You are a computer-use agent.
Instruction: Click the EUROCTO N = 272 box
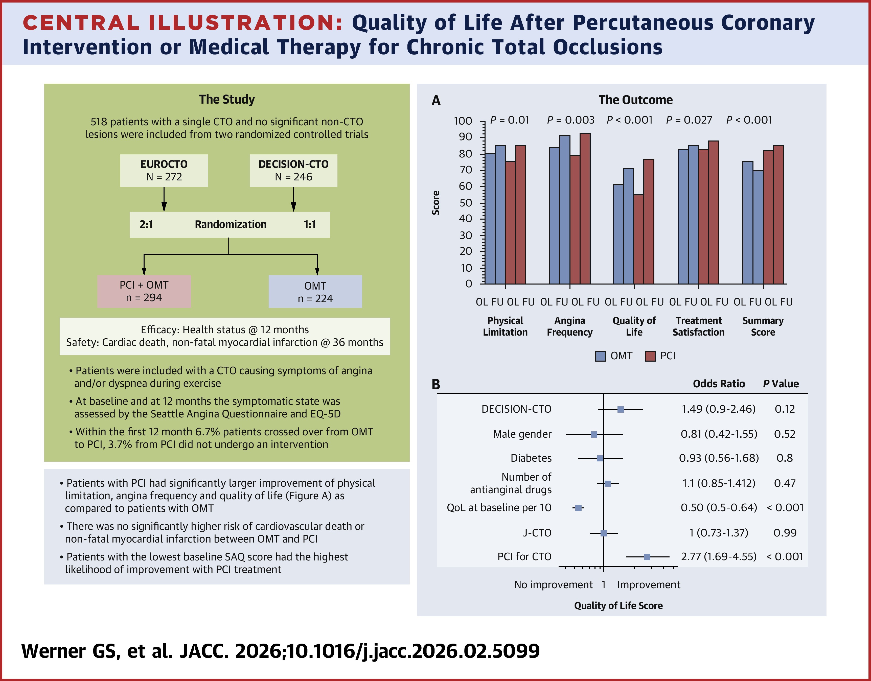point(164,171)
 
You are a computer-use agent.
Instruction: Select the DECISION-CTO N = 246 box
point(293,171)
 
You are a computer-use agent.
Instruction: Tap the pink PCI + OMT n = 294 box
point(144,291)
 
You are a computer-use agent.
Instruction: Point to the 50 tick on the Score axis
point(466,203)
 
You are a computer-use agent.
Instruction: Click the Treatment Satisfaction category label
point(698,326)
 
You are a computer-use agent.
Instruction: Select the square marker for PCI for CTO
point(647,557)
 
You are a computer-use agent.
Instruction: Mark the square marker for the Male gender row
point(594,434)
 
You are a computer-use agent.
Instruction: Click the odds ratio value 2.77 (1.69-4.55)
point(718,557)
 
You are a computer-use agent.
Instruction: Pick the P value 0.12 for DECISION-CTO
point(785,409)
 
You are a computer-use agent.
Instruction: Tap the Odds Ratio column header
point(719,384)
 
